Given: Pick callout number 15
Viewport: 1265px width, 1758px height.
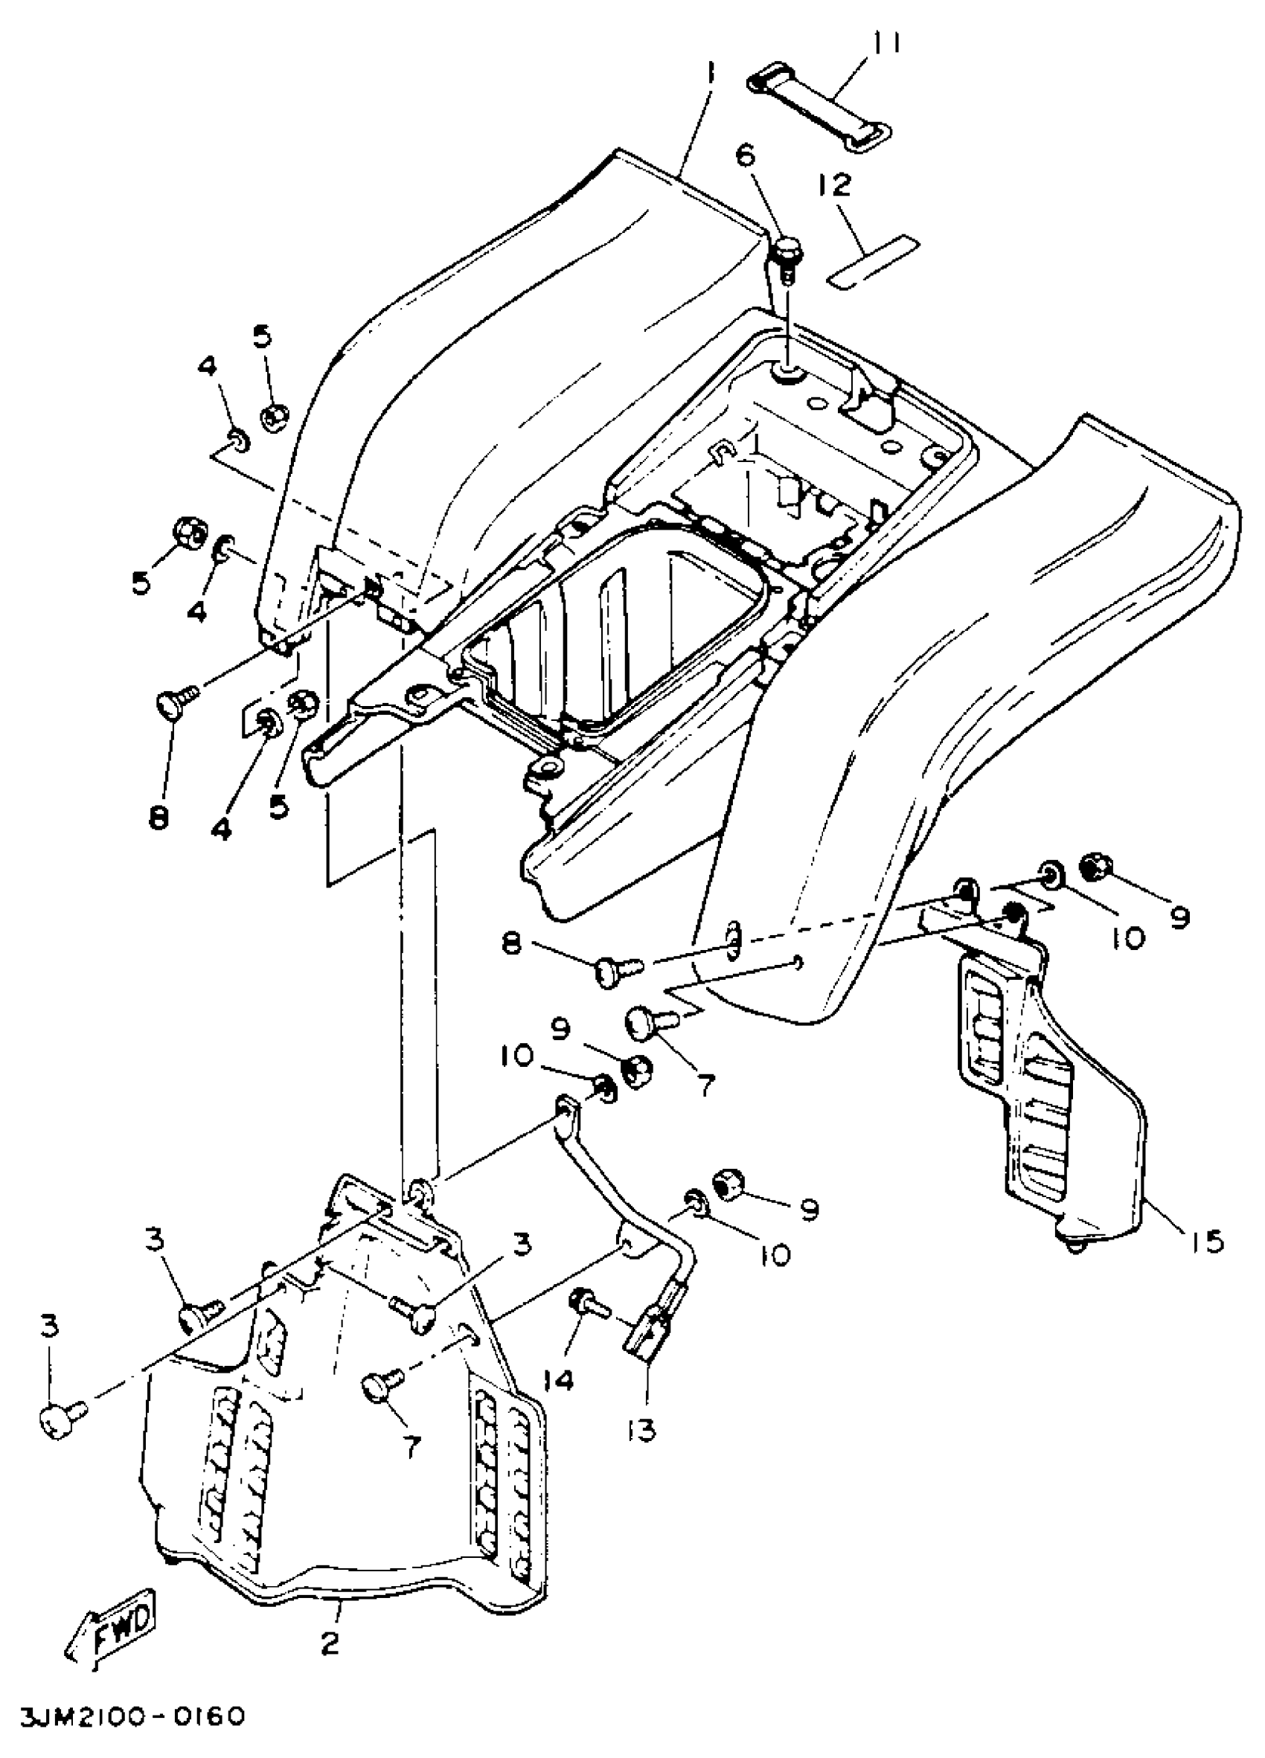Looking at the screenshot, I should (1204, 1242).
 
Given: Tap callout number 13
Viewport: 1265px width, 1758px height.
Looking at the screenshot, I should (643, 1430).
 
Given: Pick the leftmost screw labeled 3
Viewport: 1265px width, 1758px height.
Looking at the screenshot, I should (58, 1420).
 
